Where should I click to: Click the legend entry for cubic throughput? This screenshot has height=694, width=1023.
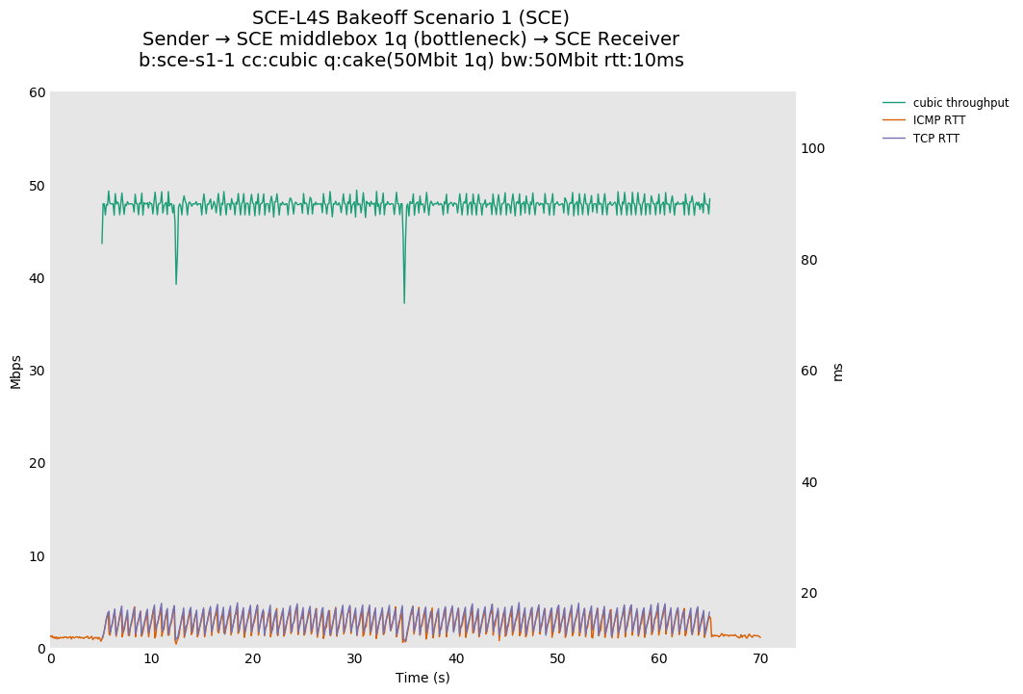click(959, 103)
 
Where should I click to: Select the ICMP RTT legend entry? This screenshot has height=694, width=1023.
click(938, 120)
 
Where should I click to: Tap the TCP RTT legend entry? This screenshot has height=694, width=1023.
click(935, 139)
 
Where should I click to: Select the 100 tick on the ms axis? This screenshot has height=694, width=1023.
click(813, 148)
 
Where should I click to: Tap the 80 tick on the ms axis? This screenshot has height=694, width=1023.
click(809, 260)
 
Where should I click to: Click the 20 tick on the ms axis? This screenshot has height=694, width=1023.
click(809, 593)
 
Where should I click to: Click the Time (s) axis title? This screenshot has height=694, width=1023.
click(422, 678)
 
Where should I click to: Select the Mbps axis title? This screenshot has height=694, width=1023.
click(15, 371)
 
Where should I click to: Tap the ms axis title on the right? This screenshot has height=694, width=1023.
click(837, 372)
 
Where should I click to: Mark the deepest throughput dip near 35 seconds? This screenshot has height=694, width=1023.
click(404, 301)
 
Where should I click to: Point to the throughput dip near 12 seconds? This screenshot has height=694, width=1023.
click(176, 283)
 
